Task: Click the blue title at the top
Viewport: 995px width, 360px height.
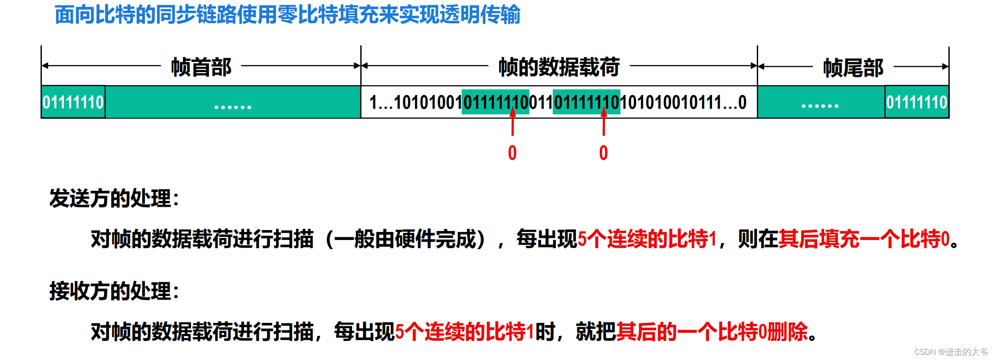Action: coord(287,15)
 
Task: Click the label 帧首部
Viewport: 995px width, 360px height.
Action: coord(201,67)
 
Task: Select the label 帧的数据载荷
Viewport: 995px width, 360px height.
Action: coord(559,67)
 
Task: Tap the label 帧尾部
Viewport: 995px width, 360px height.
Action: coord(853,68)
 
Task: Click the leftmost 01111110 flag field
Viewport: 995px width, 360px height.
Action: coord(73,102)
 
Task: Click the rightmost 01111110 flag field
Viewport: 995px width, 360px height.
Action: coord(916,102)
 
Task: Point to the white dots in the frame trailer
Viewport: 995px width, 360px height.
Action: coord(820,106)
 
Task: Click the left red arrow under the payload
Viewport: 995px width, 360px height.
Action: coord(513,123)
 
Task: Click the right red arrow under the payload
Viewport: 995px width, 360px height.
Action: coord(604,123)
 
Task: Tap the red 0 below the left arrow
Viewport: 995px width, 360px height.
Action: coord(512,153)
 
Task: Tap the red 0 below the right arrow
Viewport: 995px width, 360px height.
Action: coord(603,153)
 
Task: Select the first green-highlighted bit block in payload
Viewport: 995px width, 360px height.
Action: coord(495,102)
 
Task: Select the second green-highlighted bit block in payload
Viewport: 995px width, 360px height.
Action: coord(586,102)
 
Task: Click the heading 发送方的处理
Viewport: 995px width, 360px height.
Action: coord(114,199)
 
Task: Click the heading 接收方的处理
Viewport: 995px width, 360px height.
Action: coord(114,291)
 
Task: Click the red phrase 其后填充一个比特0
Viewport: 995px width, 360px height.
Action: coord(864,239)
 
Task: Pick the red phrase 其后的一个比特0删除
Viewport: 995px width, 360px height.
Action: coord(712,332)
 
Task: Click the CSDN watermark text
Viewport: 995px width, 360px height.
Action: coord(951,352)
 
